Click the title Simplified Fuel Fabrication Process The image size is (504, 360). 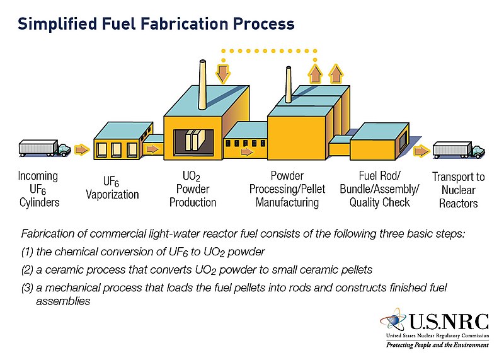point(156,23)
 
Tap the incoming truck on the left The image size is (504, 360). point(45,148)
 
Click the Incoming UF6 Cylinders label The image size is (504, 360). point(38,189)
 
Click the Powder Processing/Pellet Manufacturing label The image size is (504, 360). point(287,189)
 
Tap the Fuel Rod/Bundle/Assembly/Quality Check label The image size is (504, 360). point(375,189)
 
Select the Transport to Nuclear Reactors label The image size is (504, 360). point(458,190)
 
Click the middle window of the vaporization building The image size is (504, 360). point(117,149)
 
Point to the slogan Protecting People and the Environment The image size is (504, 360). point(437,346)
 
